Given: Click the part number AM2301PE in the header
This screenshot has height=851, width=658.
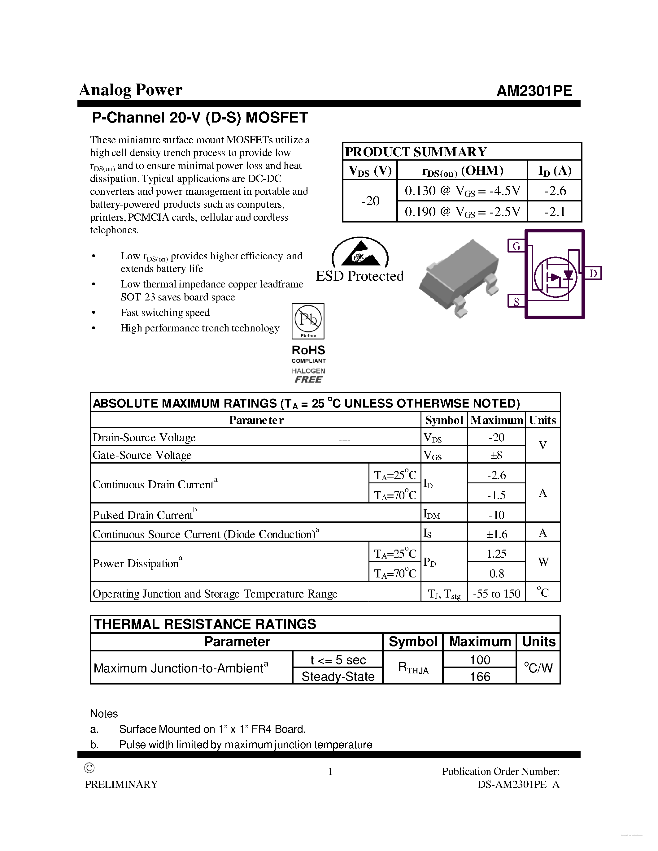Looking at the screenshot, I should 534,91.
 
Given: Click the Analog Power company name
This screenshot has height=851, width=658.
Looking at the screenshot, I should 131,90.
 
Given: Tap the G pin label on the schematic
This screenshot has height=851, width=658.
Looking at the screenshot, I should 516,246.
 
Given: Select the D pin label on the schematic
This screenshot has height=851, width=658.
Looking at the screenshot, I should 593,274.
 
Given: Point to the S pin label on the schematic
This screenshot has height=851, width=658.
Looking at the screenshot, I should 516,301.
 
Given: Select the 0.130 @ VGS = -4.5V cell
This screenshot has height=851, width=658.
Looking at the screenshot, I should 462,191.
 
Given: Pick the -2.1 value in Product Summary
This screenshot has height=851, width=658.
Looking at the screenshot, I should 555,212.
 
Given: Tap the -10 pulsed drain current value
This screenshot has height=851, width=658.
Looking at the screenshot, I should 496,515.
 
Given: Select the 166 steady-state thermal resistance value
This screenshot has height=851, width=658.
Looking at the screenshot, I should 480,676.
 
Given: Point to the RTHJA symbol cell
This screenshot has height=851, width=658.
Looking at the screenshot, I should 413,668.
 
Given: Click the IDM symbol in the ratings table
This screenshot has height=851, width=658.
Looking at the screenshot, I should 432,514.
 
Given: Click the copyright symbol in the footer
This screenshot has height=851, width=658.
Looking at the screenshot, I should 89,768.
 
